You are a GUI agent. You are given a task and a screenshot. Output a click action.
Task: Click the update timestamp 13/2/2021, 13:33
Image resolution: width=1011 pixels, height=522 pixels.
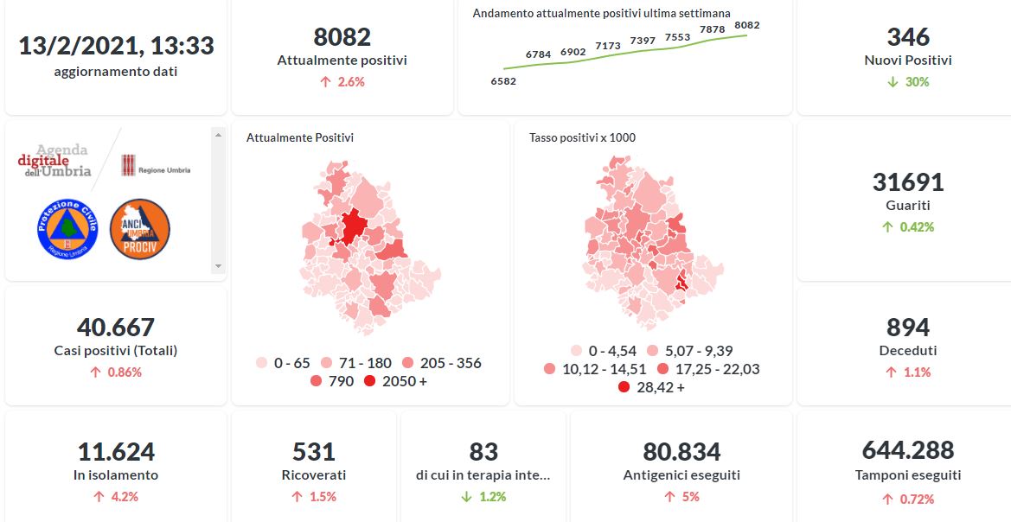click(x=116, y=45)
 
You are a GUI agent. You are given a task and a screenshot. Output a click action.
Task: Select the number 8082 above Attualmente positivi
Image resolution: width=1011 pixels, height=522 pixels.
click(x=342, y=37)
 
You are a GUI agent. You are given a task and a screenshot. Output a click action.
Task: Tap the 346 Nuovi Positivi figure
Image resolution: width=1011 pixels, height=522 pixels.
click(x=908, y=37)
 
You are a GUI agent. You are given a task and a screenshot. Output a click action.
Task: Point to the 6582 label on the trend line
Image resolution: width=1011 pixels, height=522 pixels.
click(x=502, y=81)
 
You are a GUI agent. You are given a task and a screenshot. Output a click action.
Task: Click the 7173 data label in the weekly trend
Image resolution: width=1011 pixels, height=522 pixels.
click(x=608, y=45)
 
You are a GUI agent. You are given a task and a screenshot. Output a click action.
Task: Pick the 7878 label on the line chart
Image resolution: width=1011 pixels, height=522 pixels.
click(x=712, y=29)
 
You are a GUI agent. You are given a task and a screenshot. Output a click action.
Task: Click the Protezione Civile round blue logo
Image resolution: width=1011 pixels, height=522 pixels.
click(x=67, y=228)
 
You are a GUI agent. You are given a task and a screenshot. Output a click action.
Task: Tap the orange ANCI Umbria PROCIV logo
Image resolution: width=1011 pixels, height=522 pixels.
click(x=139, y=228)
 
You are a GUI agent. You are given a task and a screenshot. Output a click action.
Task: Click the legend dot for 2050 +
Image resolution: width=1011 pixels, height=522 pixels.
click(x=370, y=381)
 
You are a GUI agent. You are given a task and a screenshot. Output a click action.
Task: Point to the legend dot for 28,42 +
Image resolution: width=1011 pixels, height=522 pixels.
click(x=624, y=387)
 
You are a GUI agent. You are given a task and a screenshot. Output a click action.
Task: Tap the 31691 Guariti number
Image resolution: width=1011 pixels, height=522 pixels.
click(x=908, y=182)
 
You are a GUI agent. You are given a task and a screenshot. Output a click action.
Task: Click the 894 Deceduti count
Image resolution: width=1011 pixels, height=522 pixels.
click(x=908, y=328)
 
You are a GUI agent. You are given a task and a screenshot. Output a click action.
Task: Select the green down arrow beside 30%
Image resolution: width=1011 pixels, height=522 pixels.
click(x=893, y=82)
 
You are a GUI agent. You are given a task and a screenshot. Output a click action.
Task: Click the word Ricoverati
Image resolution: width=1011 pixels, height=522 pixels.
click(x=314, y=474)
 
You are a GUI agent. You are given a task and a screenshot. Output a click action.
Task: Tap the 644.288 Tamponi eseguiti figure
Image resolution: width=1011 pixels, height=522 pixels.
click(x=908, y=450)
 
